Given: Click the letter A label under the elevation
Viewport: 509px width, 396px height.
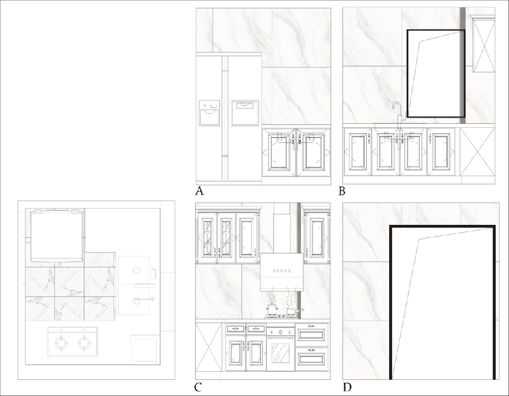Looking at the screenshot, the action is click(x=200, y=191).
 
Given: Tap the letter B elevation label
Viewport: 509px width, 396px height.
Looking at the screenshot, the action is click(x=342, y=191).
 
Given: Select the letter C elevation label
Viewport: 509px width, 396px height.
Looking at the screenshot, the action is click(x=198, y=387).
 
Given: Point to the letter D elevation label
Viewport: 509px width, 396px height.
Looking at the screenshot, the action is click(x=347, y=387).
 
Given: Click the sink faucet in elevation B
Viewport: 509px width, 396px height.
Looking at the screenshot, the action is click(x=399, y=111).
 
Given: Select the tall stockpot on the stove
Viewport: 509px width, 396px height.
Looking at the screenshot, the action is click(x=271, y=308).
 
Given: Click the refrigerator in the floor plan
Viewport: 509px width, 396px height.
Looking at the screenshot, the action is click(x=57, y=235).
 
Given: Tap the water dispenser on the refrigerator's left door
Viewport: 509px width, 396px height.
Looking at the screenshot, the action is click(x=210, y=112).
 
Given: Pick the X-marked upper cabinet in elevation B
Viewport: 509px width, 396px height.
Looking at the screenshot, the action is click(x=484, y=44).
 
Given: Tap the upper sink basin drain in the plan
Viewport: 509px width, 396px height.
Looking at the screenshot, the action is click(x=136, y=270).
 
